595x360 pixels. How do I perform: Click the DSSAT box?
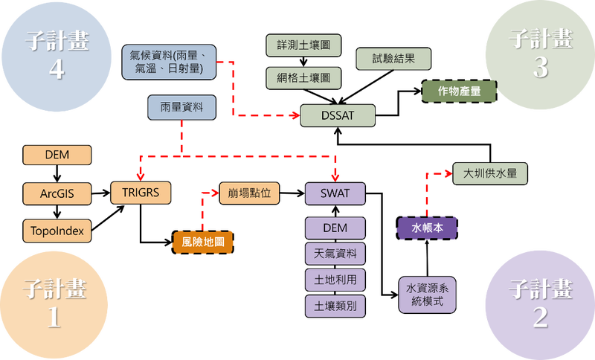point(337,115)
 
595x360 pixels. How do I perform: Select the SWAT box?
point(335,193)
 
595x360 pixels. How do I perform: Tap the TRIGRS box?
point(141,193)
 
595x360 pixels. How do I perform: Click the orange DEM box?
point(57,155)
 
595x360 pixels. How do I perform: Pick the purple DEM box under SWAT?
point(335,228)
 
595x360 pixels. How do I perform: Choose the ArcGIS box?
point(57,193)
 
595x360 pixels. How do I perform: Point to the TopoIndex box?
point(57,231)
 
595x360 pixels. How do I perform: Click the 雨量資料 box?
point(181,108)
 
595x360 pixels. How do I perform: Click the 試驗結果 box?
point(393,59)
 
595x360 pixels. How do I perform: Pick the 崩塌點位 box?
point(249,193)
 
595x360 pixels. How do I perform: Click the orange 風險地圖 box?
point(203,241)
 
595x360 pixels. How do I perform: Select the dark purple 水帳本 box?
point(427,228)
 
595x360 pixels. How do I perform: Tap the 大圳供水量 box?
point(490,174)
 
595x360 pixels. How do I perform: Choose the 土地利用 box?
point(335,280)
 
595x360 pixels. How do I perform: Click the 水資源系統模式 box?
point(427,295)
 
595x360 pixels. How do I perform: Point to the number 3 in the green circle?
point(540,68)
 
